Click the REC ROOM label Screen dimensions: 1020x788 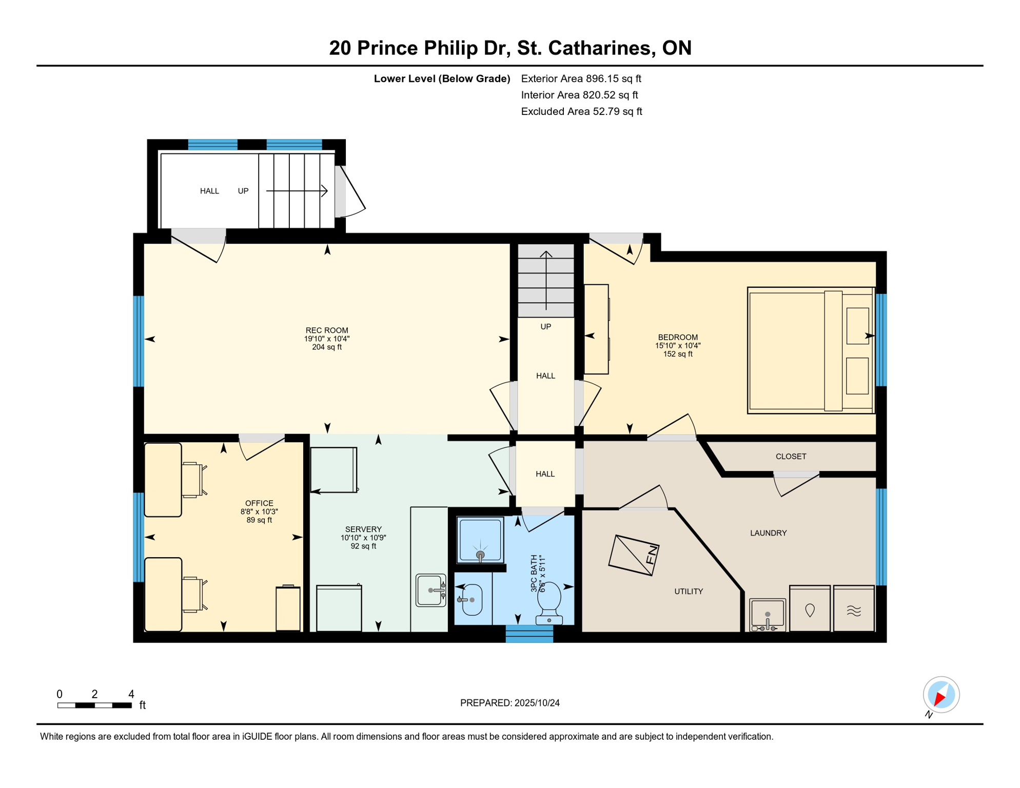click(327, 330)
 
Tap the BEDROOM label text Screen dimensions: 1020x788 click(678, 337)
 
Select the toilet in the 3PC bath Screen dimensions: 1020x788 click(549, 603)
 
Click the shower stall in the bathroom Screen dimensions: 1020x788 click(480, 540)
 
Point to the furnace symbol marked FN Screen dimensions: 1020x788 click(634, 555)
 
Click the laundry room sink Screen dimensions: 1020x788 click(768, 615)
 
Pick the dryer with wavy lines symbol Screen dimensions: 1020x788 click(854, 608)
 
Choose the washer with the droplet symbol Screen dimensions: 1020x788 click(810, 608)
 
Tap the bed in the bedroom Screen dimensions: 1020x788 click(811, 350)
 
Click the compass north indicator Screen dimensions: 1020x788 click(941, 695)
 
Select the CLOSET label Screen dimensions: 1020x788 click(791, 456)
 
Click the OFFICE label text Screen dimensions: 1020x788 click(259, 503)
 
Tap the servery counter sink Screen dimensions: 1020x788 click(430, 590)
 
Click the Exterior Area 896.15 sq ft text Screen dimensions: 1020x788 click(581, 78)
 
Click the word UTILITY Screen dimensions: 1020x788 click(689, 592)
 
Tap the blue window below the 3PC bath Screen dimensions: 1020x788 click(529, 634)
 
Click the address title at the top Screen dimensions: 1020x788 click(510, 48)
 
